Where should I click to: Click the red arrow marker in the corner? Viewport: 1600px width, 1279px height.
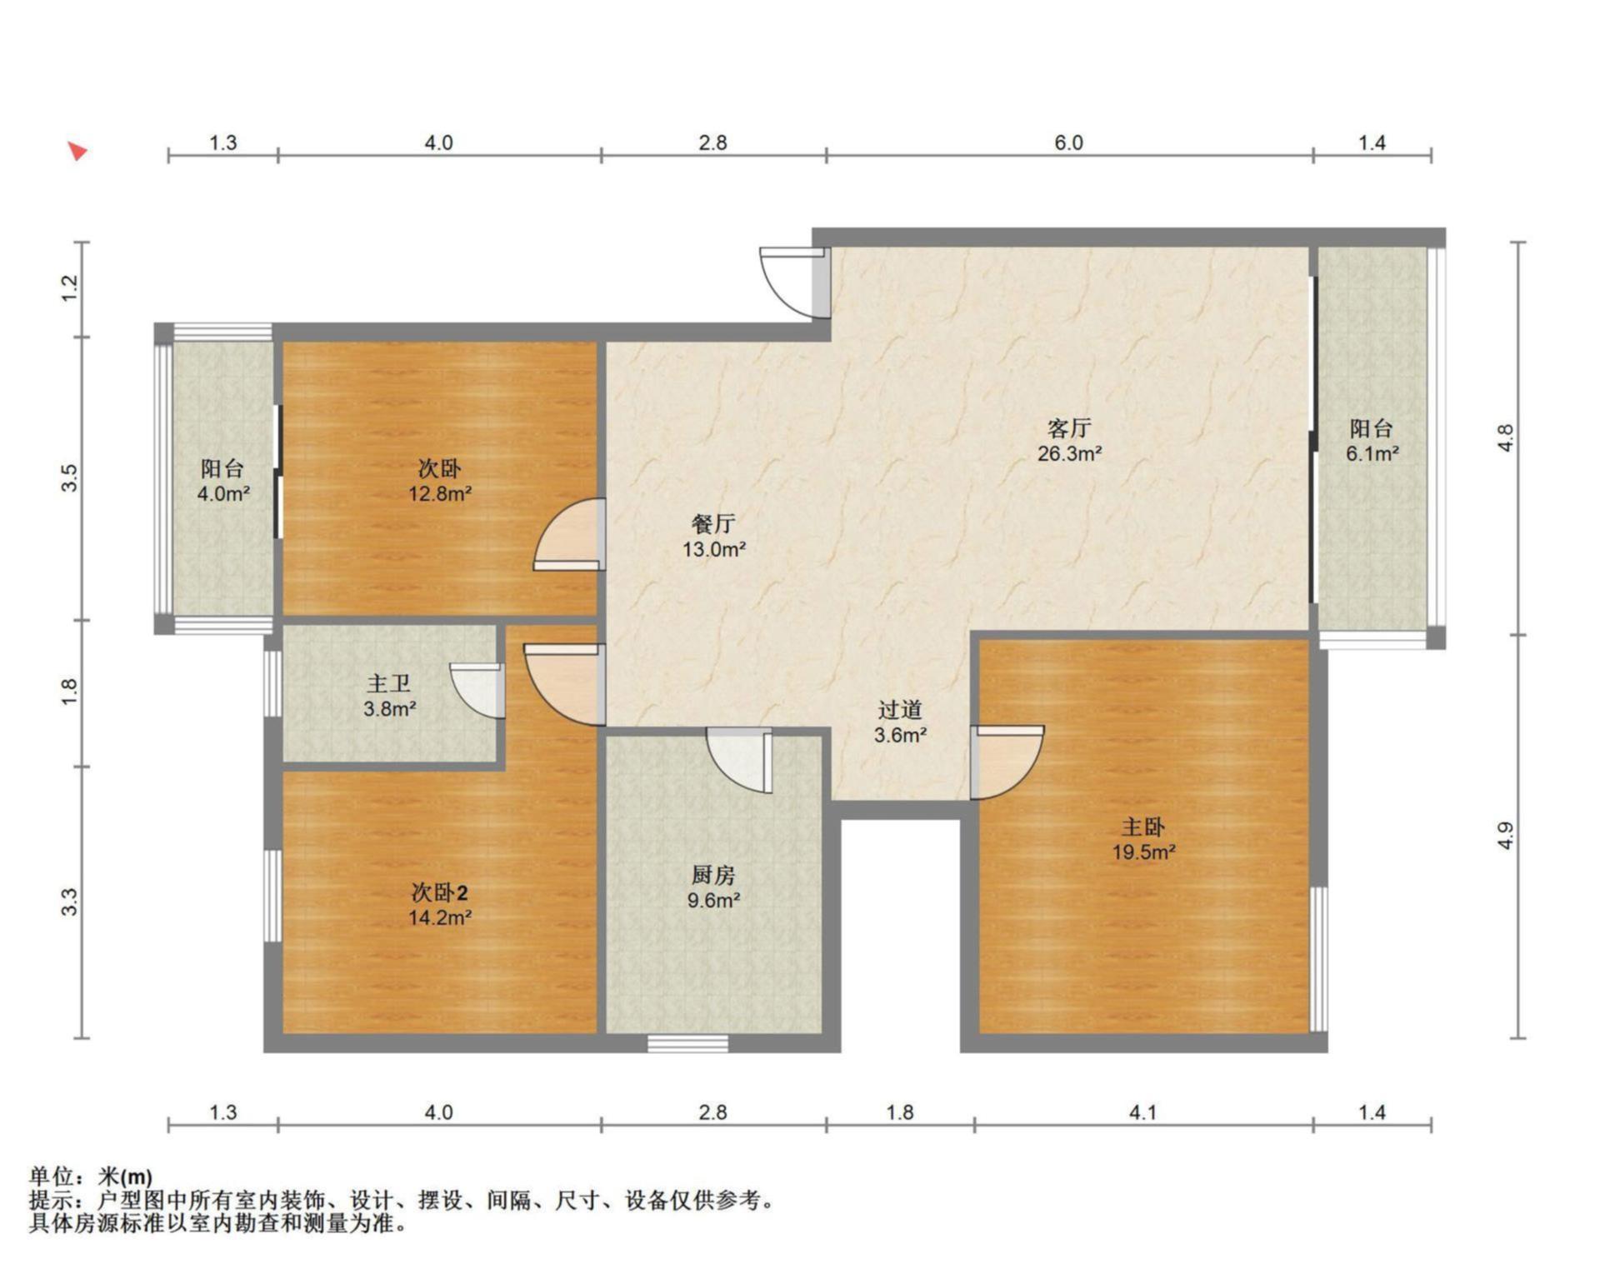pyautogui.click(x=78, y=151)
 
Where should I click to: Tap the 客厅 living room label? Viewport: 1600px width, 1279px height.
pyautogui.click(x=1069, y=428)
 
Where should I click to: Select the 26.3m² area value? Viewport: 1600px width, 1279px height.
pyautogui.click(x=1069, y=454)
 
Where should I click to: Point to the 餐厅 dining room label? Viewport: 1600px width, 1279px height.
pyautogui.click(x=713, y=524)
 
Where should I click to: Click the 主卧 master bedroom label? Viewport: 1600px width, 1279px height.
pyautogui.click(x=1142, y=827)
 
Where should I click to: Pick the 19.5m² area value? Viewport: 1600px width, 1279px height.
pyautogui.click(x=1143, y=852)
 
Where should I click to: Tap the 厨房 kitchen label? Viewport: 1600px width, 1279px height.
pyautogui.click(x=713, y=875)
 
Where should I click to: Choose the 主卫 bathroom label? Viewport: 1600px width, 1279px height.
pyautogui.click(x=389, y=684)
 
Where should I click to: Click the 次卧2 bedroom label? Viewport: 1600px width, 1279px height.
pyautogui.click(x=440, y=893)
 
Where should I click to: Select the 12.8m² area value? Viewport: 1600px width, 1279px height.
pyautogui.click(x=440, y=494)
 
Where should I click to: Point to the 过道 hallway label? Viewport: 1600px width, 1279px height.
pyautogui.click(x=900, y=710)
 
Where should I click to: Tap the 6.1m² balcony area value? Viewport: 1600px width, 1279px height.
pyautogui.click(x=1372, y=454)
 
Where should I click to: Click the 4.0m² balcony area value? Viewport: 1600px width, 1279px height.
pyautogui.click(x=223, y=494)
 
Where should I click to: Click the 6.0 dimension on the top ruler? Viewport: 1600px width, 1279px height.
pyautogui.click(x=1069, y=142)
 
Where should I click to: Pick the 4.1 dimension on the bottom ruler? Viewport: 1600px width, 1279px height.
pyautogui.click(x=1142, y=1112)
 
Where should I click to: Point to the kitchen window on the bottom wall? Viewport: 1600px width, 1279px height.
pyautogui.click(x=688, y=1043)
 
